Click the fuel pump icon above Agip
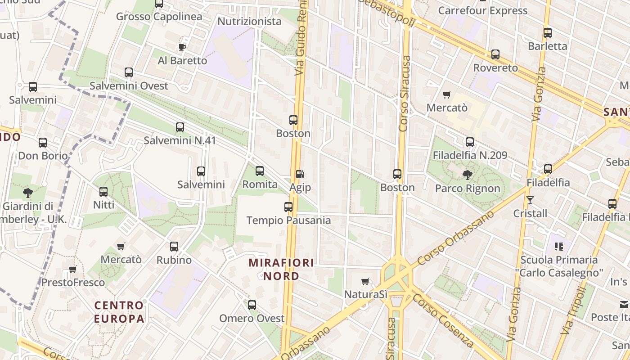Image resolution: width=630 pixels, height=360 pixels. (x=300, y=174)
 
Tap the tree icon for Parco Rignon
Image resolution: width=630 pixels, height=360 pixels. (x=468, y=175)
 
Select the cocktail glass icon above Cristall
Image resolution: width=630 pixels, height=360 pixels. (x=530, y=200)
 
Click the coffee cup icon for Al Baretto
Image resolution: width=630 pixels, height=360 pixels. (x=182, y=47)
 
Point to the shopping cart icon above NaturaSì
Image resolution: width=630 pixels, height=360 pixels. (x=365, y=282)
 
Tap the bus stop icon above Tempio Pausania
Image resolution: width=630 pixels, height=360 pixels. (x=288, y=207)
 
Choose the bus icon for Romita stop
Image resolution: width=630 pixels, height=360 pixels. (x=260, y=171)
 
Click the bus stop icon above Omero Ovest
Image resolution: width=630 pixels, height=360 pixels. (x=252, y=305)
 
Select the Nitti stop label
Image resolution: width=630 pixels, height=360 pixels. (x=103, y=205)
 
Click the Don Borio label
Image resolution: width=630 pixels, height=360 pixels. (x=43, y=156)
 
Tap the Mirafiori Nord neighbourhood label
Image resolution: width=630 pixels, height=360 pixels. (x=281, y=269)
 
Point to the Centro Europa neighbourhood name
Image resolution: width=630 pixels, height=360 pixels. (x=119, y=312)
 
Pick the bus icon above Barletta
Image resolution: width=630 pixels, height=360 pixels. (x=547, y=33)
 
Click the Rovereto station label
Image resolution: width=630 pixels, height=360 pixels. (x=495, y=68)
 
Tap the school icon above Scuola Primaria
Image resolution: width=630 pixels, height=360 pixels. (x=559, y=246)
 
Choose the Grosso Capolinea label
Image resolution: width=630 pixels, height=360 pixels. (x=159, y=17)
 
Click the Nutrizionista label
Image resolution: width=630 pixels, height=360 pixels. (x=249, y=21)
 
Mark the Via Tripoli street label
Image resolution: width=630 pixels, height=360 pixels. (x=573, y=311)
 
